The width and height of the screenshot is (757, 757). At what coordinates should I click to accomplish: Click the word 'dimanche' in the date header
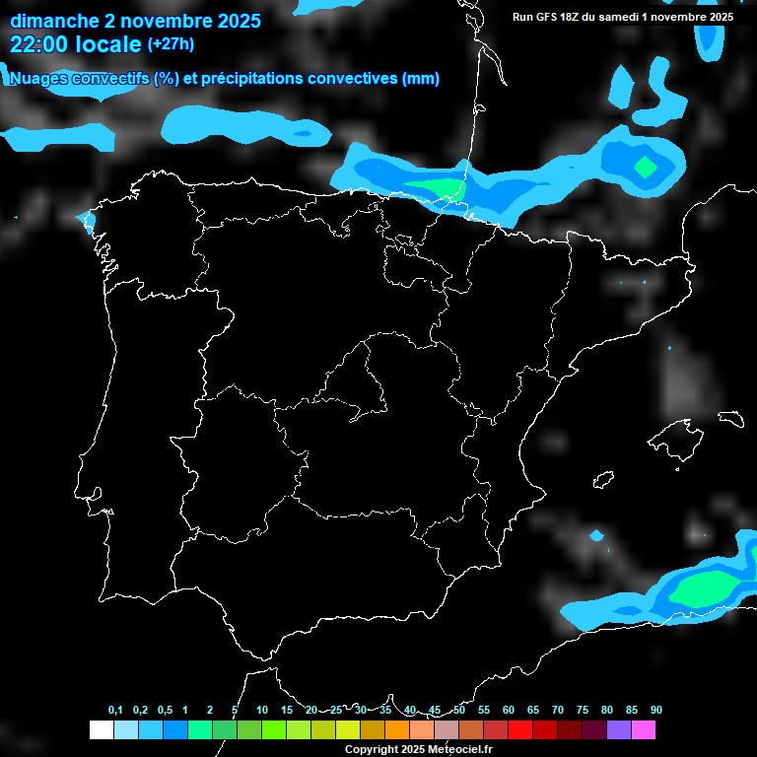52,21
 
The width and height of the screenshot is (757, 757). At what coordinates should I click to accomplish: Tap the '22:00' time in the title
39,44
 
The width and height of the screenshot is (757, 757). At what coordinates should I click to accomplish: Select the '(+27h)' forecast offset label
171,44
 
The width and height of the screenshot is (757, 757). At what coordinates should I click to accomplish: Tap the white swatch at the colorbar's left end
101,730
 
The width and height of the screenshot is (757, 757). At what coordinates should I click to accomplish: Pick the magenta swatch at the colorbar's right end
644,730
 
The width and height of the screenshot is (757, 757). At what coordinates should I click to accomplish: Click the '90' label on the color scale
655,710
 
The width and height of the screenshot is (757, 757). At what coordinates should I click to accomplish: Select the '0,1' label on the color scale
115,710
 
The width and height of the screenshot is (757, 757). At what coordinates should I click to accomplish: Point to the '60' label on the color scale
509,710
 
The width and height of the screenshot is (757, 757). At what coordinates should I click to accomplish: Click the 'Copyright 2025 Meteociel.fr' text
418,749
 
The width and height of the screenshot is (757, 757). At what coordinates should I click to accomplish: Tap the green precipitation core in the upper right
646,167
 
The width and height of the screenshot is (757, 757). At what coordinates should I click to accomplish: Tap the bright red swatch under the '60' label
520,730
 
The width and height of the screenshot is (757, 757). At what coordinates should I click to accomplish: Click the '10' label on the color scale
262,710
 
